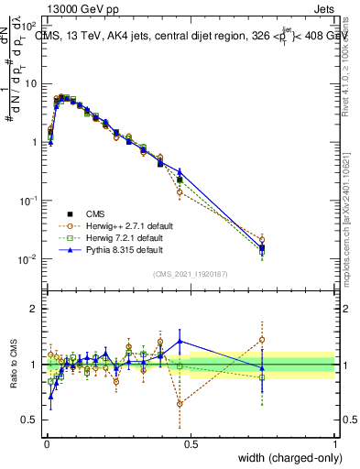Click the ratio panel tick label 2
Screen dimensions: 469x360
[x=35, y=309]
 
